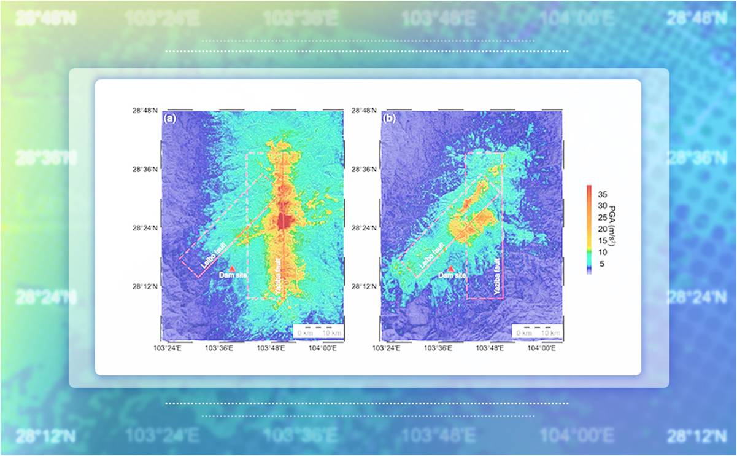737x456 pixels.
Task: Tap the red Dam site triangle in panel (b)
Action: pyautogui.click(x=451, y=269)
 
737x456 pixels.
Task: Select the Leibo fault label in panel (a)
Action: pyautogui.click(x=214, y=254)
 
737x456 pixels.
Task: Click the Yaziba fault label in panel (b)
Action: pyautogui.click(x=497, y=277)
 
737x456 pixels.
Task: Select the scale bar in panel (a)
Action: pyautogui.click(x=318, y=331)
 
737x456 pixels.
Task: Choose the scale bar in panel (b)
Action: pyautogui.click(x=537, y=331)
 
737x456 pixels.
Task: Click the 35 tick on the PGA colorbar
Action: pyautogui.click(x=603, y=194)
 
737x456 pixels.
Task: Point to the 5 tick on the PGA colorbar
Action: pyautogui.click(x=603, y=264)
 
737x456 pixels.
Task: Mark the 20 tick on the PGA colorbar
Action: pyautogui.click(x=603, y=229)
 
